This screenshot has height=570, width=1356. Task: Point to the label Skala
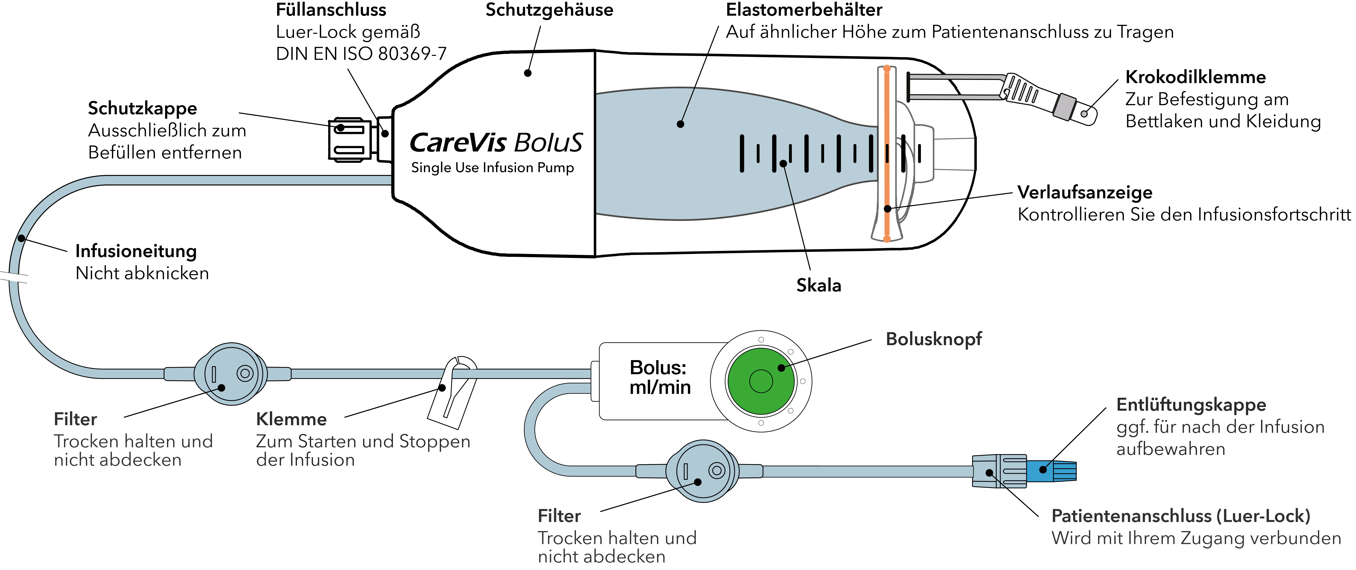coord(819,285)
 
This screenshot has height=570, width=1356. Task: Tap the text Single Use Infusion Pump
coord(492,168)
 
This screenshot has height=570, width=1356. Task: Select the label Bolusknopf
coord(933,339)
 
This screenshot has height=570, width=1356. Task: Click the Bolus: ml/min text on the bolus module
coord(660,377)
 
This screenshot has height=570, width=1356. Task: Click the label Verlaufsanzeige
coord(1084,192)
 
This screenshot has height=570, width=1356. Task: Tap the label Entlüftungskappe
coord(1191,405)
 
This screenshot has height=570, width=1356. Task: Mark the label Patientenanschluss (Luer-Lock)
coord(1180,516)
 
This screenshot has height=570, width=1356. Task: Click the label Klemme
coord(291,419)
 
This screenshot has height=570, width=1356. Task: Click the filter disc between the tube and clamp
coord(230,373)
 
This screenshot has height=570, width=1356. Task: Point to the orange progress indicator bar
coord(887,153)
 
